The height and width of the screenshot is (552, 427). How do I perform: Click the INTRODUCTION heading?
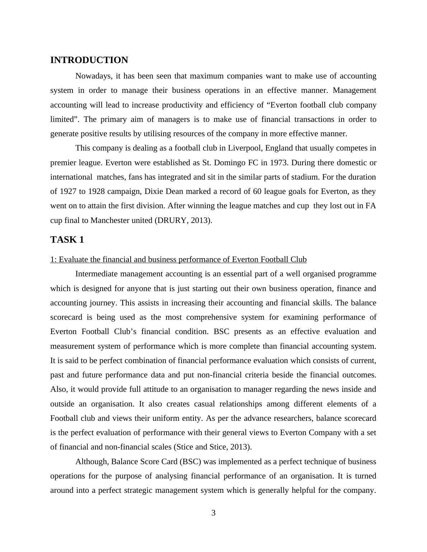[89, 60]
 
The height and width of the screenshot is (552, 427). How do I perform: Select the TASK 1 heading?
[67, 240]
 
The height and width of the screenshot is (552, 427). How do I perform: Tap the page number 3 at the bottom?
[213, 513]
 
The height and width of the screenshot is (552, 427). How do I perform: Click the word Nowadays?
[91, 76]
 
